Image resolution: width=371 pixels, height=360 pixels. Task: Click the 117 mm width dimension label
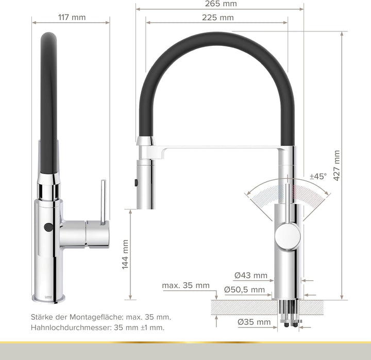(71, 17)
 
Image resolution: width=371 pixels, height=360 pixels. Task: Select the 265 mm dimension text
(220, 4)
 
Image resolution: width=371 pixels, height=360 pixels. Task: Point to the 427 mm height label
(337, 165)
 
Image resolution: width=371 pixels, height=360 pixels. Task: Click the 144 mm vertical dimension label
(126, 254)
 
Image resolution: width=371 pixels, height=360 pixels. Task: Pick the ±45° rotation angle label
(318, 176)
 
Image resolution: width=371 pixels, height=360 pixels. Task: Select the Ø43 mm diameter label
(250, 275)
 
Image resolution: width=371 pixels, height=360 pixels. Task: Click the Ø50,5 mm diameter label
(244, 290)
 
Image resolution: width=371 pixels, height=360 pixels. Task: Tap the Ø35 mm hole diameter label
(254, 322)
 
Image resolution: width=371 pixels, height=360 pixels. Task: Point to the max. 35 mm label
(185, 285)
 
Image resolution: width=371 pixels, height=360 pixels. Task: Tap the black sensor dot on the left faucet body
(49, 227)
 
